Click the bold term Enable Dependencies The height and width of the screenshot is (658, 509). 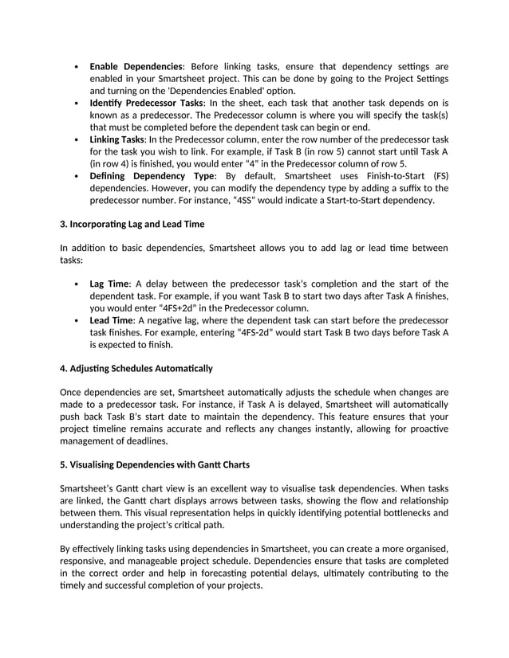coord(136,66)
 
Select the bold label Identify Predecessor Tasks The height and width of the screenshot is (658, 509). coord(146,104)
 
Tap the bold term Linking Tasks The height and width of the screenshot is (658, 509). coord(116,139)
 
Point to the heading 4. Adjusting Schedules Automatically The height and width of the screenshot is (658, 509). coord(136,368)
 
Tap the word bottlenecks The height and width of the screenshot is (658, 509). coord(388,512)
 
